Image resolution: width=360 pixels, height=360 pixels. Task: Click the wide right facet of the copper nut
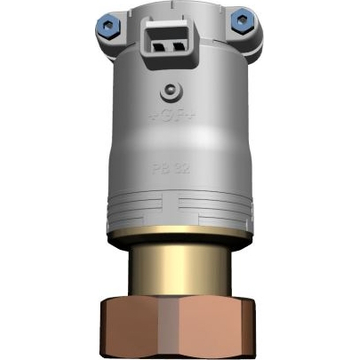221,328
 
